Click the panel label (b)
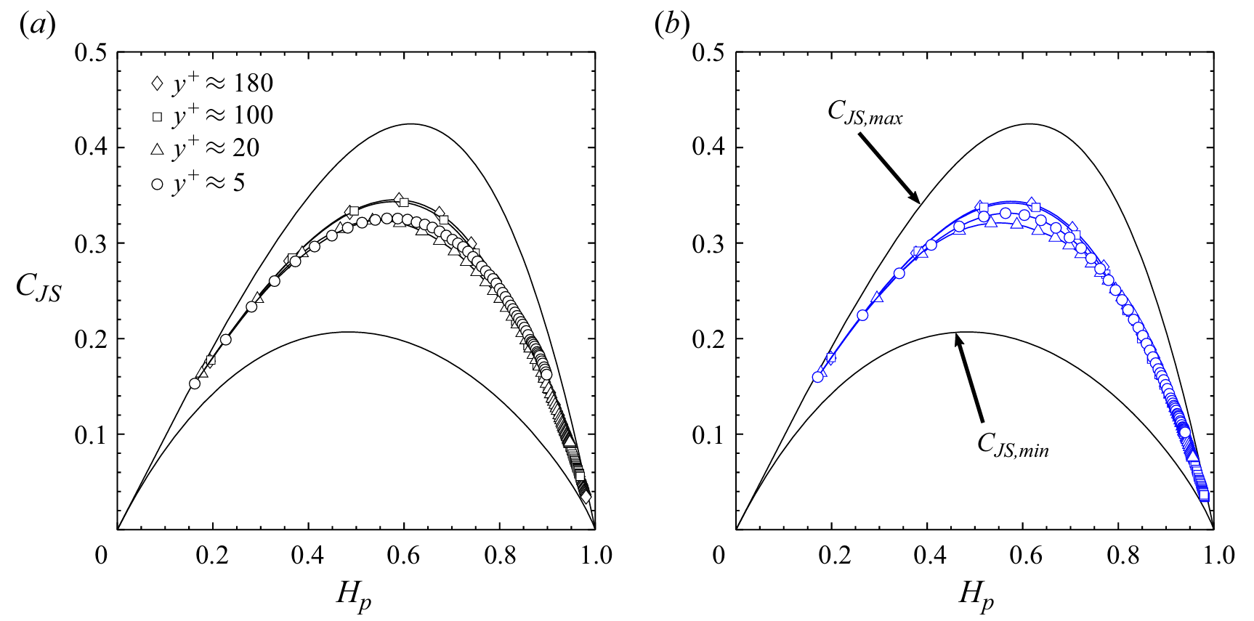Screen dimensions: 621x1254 click(x=671, y=25)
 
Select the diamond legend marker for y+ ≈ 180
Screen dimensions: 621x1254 click(x=157, y=84)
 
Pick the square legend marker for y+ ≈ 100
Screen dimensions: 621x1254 click(x=157, y=116)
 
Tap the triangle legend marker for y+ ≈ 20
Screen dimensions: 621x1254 click(x=157, y=149)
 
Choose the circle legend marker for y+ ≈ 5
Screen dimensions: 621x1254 click(x=157, y=184)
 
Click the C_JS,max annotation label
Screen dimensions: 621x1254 click(x=865, y=113)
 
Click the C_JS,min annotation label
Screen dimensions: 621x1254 click(x=1013, y=445)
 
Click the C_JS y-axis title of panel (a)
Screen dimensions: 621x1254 click(x=39, y=286)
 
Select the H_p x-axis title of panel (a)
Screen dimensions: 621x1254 click(x=355, y=596)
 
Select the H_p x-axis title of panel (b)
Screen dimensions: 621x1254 click(x=976, y=596)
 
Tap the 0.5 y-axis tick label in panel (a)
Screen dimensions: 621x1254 click(x=91, y=52)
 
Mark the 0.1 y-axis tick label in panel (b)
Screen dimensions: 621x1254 click(x=708, y=435)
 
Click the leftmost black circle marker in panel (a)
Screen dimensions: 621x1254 click(x=195, y=383)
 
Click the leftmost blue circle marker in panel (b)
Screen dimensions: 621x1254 click(x=818, y=377)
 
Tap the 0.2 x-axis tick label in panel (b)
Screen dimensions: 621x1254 click(x=834, y=556)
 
